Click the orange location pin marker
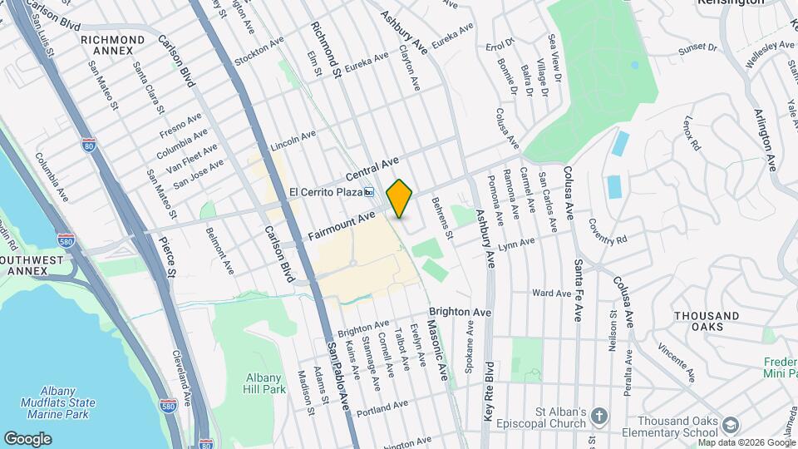coord(400,198)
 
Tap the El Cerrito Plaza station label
coord(326,192)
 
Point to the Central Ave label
coord(373,168)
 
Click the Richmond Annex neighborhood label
coord(112,45)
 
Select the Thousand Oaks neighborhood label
coord(707,322)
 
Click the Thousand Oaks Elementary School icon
coord(730,424)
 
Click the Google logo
coord(28,438)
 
